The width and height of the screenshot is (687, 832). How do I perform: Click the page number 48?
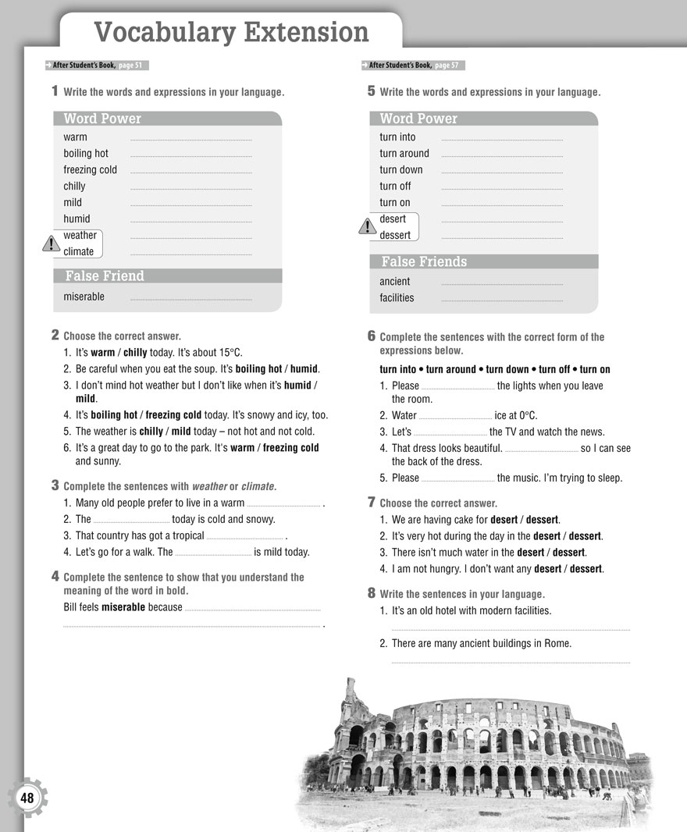tap(28, 798)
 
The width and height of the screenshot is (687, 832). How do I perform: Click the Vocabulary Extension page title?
tap(231, 33)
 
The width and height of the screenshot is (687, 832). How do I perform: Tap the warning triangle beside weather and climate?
tap(51, 244)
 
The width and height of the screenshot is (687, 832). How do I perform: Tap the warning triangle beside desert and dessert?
tap(367, 227)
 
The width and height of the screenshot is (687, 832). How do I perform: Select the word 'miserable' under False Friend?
tap(84, 297)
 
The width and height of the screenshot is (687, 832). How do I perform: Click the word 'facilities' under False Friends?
tap(397, 297)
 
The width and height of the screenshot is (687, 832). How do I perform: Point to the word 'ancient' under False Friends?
tap(394, 281)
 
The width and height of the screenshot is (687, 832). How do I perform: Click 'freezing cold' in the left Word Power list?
tap(90, 170)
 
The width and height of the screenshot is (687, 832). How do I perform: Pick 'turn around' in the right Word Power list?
tap(404, 154)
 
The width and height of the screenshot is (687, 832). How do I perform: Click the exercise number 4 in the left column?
tap(55, 576)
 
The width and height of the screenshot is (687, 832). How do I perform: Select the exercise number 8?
tap(371, 593)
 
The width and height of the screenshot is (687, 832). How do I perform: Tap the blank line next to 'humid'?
tap(191, 222)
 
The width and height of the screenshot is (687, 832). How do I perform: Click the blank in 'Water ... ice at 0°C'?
tap(455, 418)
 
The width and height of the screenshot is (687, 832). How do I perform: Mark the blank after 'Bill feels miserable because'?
tap(253, 609)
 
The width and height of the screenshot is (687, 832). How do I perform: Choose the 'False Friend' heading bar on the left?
tap(167, 276)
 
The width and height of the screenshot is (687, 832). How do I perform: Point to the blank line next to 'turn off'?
tap(502, 189)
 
